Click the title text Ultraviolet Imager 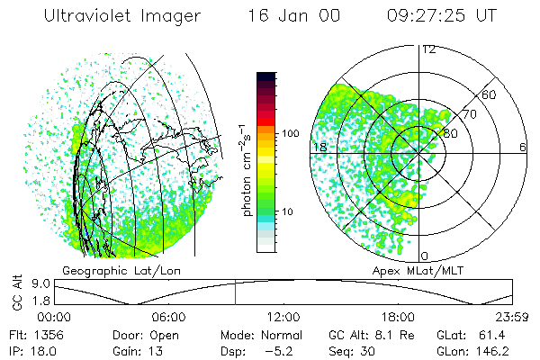point(114,17)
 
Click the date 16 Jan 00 point(284,17)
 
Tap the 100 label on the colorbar point(291,133)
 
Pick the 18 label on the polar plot point(319,147)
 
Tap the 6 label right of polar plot point(524,147)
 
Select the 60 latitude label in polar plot point(490,94)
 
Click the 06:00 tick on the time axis point(168,317)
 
